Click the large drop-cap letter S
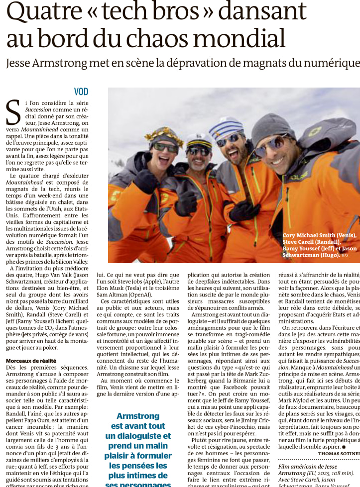(13, 112)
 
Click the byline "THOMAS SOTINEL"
(339, 453)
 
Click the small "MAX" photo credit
(345, 256)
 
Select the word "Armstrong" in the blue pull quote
(137, 416)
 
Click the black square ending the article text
(343, 447)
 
